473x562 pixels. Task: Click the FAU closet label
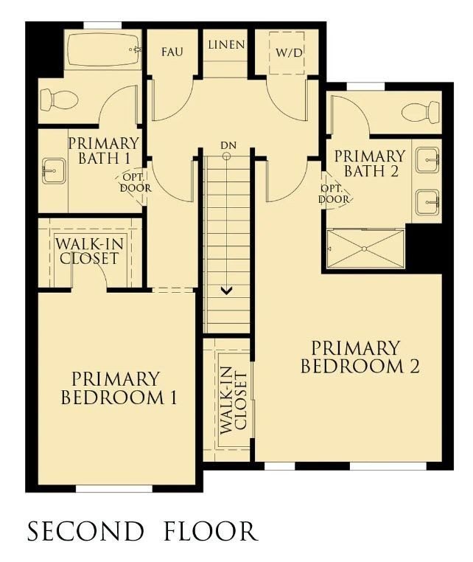click(x=172, y=52)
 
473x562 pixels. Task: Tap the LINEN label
click(x=227, y=45)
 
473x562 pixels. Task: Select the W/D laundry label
click(x=289, y=53)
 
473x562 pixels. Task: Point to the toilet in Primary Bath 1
click(x=59, y=100)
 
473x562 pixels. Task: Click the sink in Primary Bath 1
click(x=54, y=171)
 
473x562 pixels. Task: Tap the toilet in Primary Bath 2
click(x=421, y=112)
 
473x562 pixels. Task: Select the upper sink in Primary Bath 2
click(x=428, y=160)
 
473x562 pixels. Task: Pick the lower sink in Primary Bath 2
click(x=428, y=203)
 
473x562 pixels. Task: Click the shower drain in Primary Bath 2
click(x=364, y=249)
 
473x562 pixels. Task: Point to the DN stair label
click(x=228, y=145)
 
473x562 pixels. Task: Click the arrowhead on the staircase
click(x=226, y=291)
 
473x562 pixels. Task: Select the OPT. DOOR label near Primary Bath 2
click(x=334, y=194)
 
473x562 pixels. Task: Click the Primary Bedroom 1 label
click(x=119, y=389)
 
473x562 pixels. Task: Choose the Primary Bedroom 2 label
click(x=360, y=358)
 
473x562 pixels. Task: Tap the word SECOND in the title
click(x=85, y=531)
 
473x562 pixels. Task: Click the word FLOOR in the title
click(x=211, y=531)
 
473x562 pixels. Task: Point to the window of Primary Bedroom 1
click(x=114, y=488)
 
